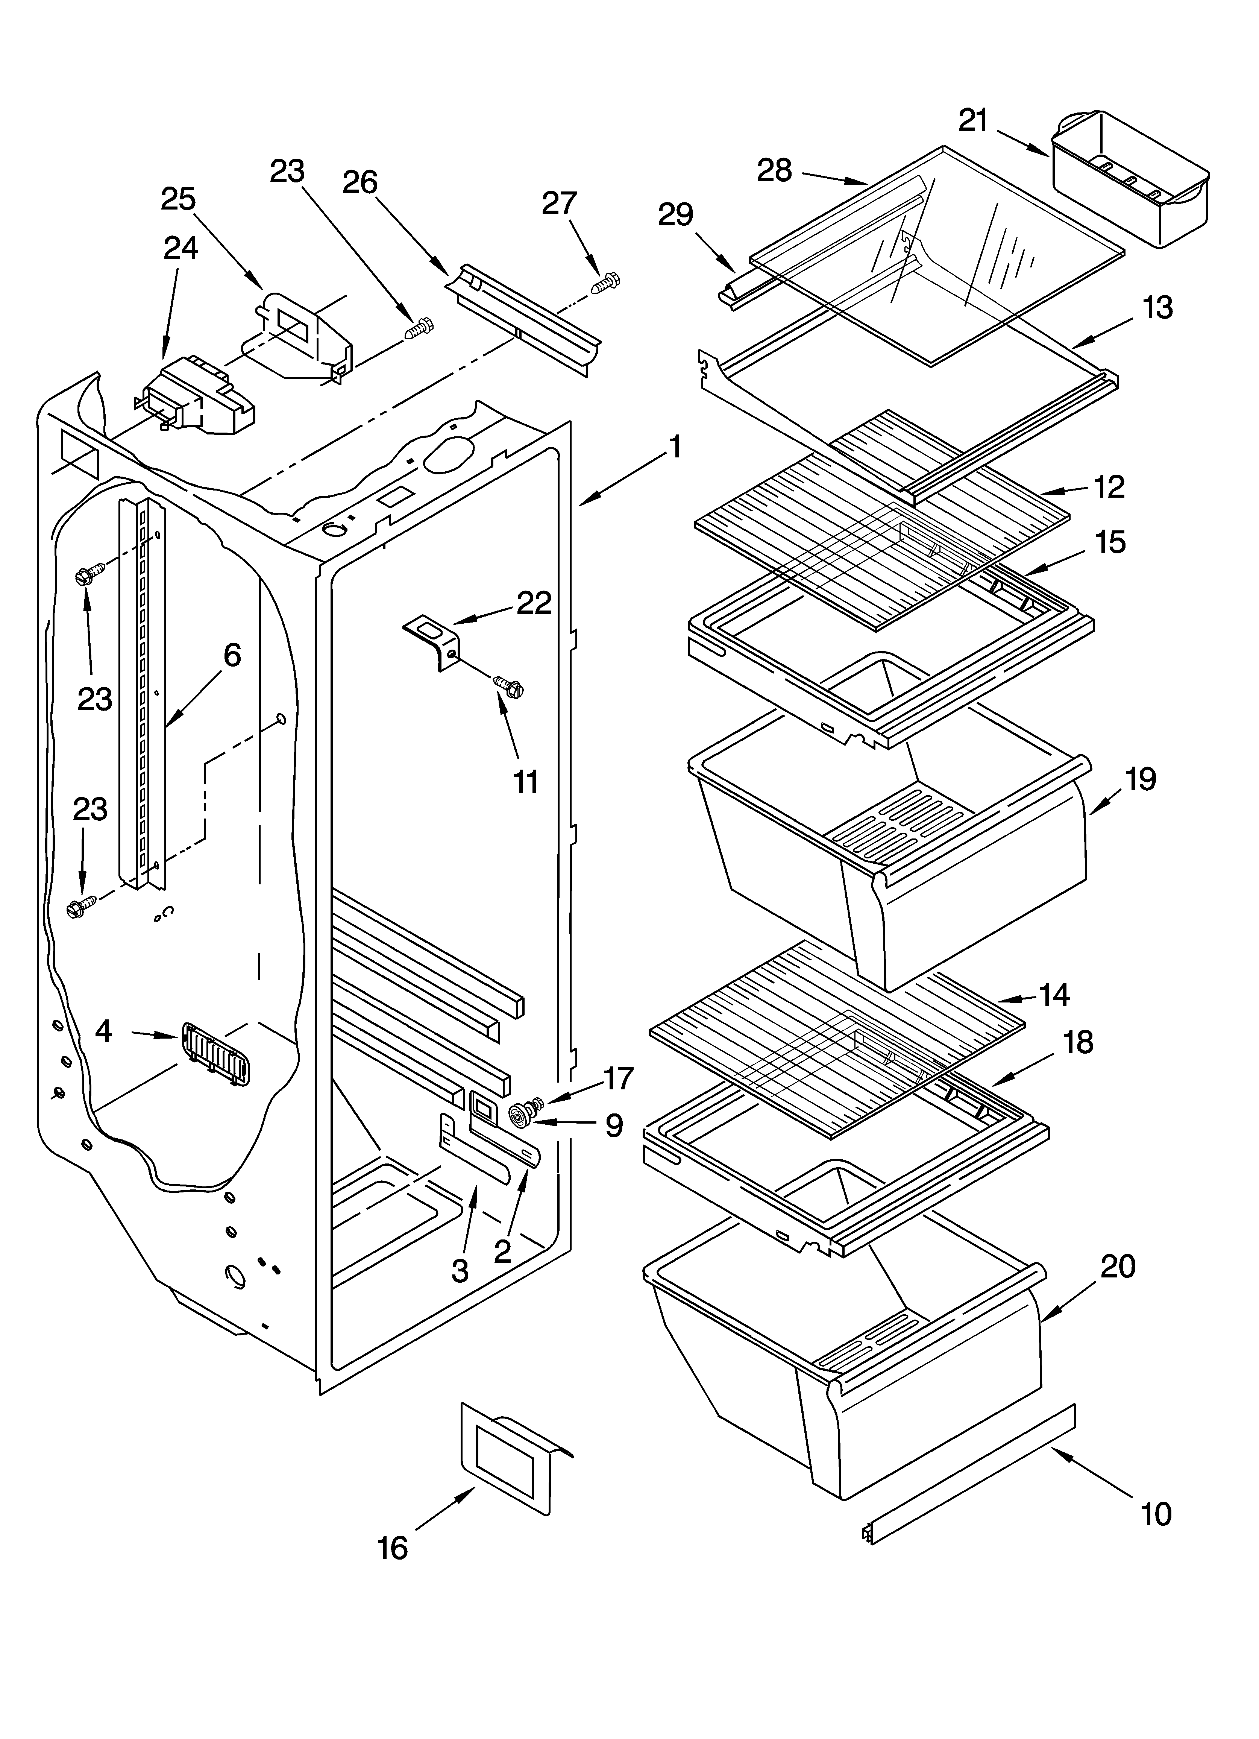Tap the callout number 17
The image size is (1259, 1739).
[x=618, y=1078]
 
